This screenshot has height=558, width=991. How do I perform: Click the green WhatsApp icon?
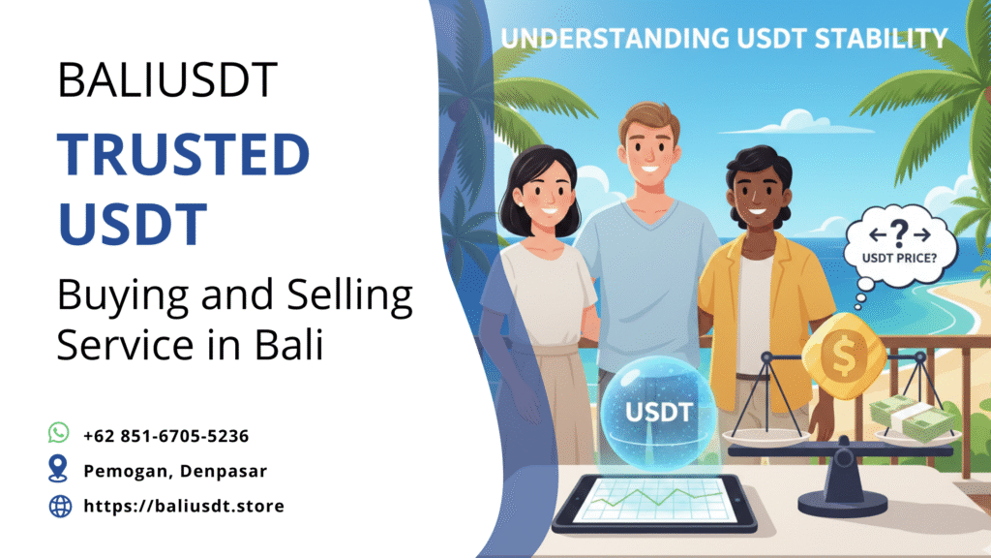pos(59,433)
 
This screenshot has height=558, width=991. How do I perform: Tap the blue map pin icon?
pos(58,469)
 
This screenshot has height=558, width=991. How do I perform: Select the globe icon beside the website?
pos(60,506)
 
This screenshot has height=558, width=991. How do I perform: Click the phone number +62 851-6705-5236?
pos(166,436)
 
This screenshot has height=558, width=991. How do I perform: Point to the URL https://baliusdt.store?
pos(184,506)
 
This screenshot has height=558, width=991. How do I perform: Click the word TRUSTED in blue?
pos(183,154)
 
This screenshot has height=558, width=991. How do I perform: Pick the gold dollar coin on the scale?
pos(843,355)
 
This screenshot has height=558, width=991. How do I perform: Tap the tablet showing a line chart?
pos(654,504)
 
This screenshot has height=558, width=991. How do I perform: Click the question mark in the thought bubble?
pos(898,233)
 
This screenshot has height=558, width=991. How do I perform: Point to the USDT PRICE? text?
pos(899,258)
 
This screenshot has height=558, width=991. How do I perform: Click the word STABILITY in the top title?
pos(881,39)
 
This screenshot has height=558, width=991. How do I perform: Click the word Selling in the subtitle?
pos(349,296)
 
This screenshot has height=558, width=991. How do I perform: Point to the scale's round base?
pos(843,503)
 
